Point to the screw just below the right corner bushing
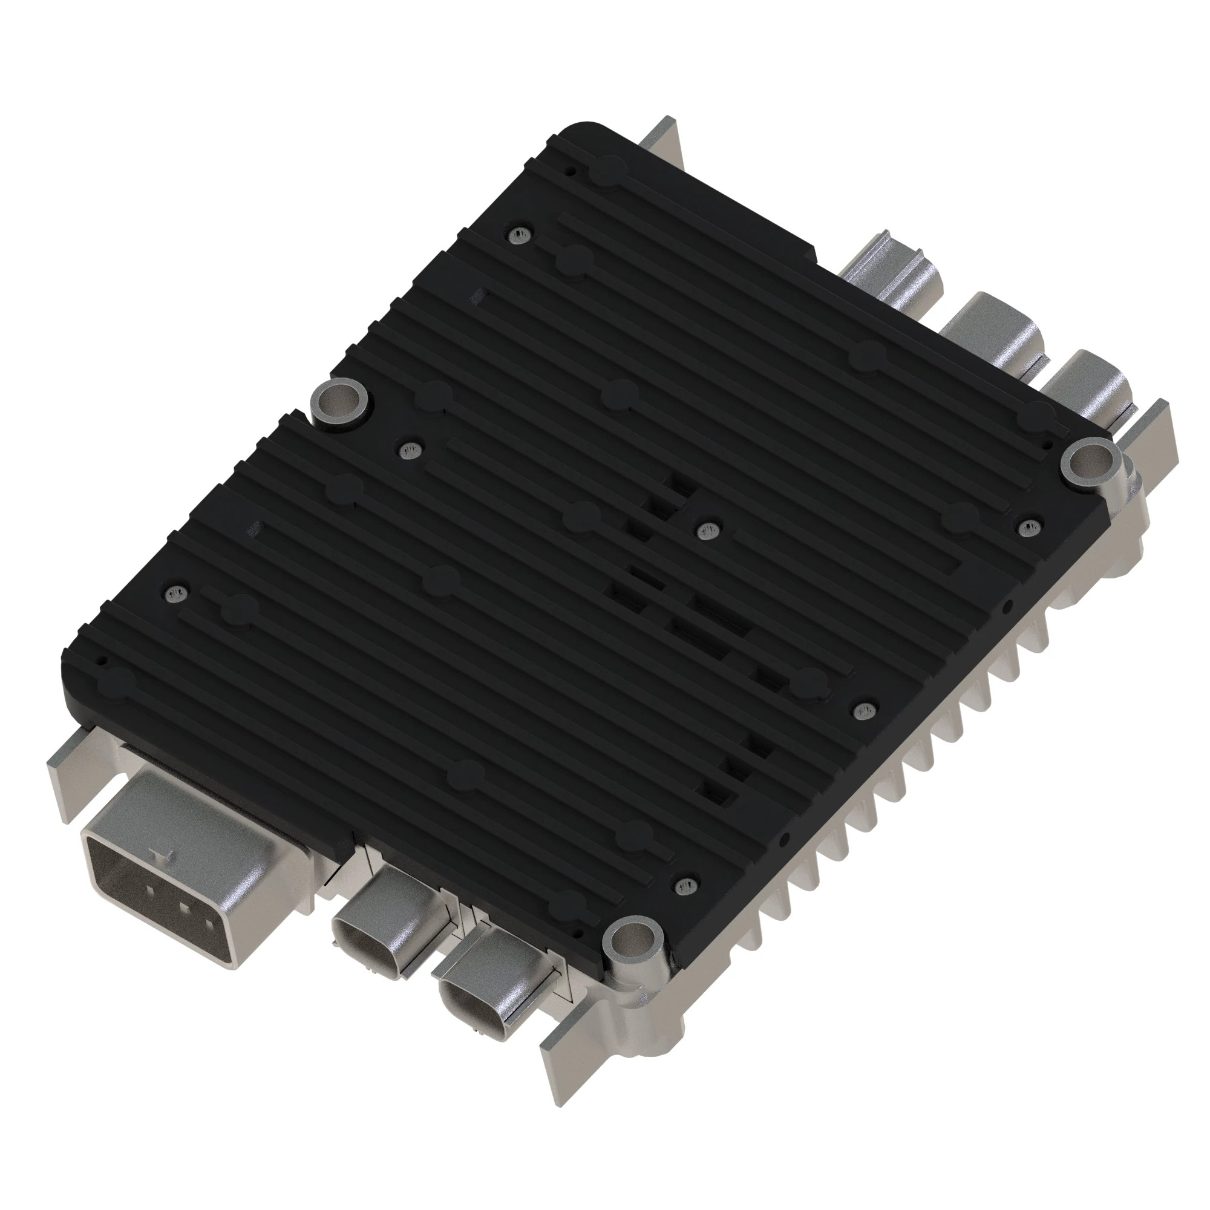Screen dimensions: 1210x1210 (1028, 528)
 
